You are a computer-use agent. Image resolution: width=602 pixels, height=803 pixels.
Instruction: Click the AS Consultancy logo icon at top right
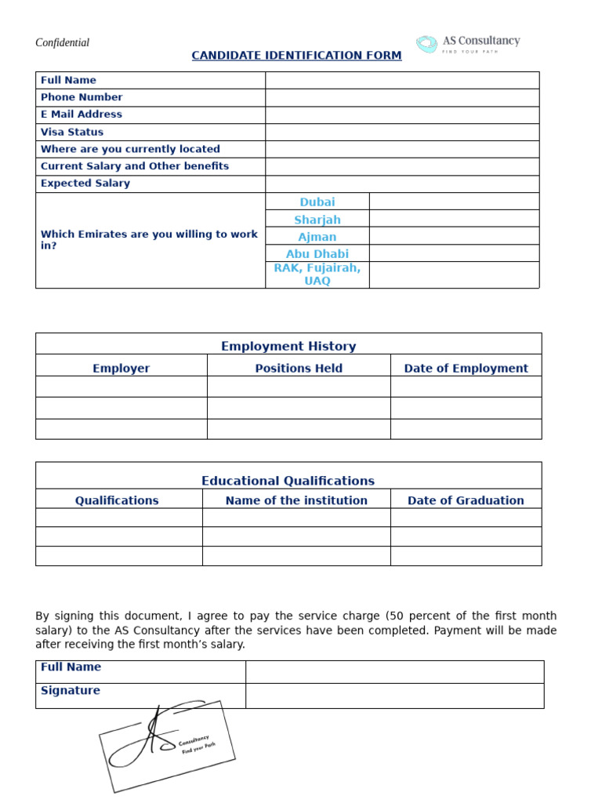coord(426,44)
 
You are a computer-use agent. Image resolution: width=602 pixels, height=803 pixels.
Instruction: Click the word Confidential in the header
coord(63,43)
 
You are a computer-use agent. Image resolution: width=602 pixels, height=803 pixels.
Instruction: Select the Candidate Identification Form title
coord(296,56)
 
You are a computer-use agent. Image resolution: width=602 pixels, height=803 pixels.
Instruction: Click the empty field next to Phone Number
coord(402,97)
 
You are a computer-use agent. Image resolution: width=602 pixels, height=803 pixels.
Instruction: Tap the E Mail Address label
coord(82,114)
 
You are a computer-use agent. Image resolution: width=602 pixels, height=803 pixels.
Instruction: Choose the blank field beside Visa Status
coord(402,132)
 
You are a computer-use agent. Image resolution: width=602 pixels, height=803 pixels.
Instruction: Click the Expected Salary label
coord(85,183)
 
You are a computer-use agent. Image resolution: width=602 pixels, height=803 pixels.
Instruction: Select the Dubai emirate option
coord(317,202)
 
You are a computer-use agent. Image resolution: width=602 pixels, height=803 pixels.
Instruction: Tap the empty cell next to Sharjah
coord(454,220)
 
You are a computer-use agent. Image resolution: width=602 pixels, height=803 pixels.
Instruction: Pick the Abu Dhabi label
coord(317,254)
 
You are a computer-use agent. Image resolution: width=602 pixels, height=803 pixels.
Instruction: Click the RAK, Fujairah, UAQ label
coord(317,274)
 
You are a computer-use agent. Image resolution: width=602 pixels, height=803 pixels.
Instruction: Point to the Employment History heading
coord(288,346)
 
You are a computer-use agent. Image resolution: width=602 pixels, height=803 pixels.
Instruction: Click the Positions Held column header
coord(299,369)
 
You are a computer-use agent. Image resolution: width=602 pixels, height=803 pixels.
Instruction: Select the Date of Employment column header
coord(466,369)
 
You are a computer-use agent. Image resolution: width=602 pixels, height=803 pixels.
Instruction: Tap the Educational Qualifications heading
coord(288,481)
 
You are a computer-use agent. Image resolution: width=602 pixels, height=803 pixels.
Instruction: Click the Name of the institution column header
coord(296,500)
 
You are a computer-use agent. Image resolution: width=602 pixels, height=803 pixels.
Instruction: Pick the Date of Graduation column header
coord(466,500)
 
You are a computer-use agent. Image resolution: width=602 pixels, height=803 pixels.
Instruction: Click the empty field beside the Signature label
coord(394,696)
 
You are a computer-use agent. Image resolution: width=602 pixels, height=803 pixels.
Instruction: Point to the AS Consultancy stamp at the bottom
coord(167,745)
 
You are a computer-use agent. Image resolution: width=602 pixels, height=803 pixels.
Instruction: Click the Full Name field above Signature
coord(394,671)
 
